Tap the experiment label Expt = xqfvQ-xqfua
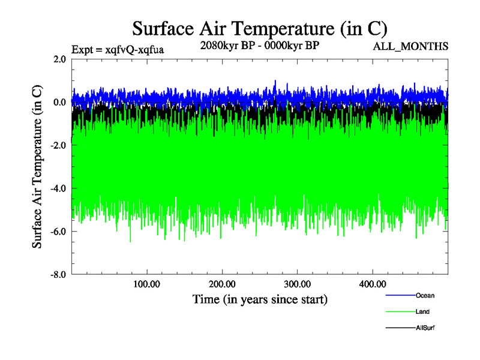coord(118,49)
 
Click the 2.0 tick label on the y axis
coord(59,59)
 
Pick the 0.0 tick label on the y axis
coord(59,102)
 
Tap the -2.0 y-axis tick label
coord(58,145)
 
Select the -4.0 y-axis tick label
coord(58,188)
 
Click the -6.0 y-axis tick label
coord(58,232)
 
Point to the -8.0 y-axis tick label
coord(58,275)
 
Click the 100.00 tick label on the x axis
coord(147,284)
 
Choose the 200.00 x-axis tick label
coord(222,284)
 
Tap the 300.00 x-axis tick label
coord(297,284)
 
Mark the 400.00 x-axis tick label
coord(372,284)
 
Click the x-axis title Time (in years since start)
coord(259,298)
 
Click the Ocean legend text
coord(425,295)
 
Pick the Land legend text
coord(422,312)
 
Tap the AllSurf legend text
coord(425,328)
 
